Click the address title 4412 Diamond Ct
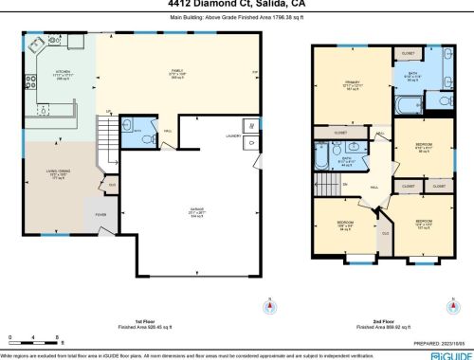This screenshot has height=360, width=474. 237,4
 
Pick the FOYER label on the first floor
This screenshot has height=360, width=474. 99,214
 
